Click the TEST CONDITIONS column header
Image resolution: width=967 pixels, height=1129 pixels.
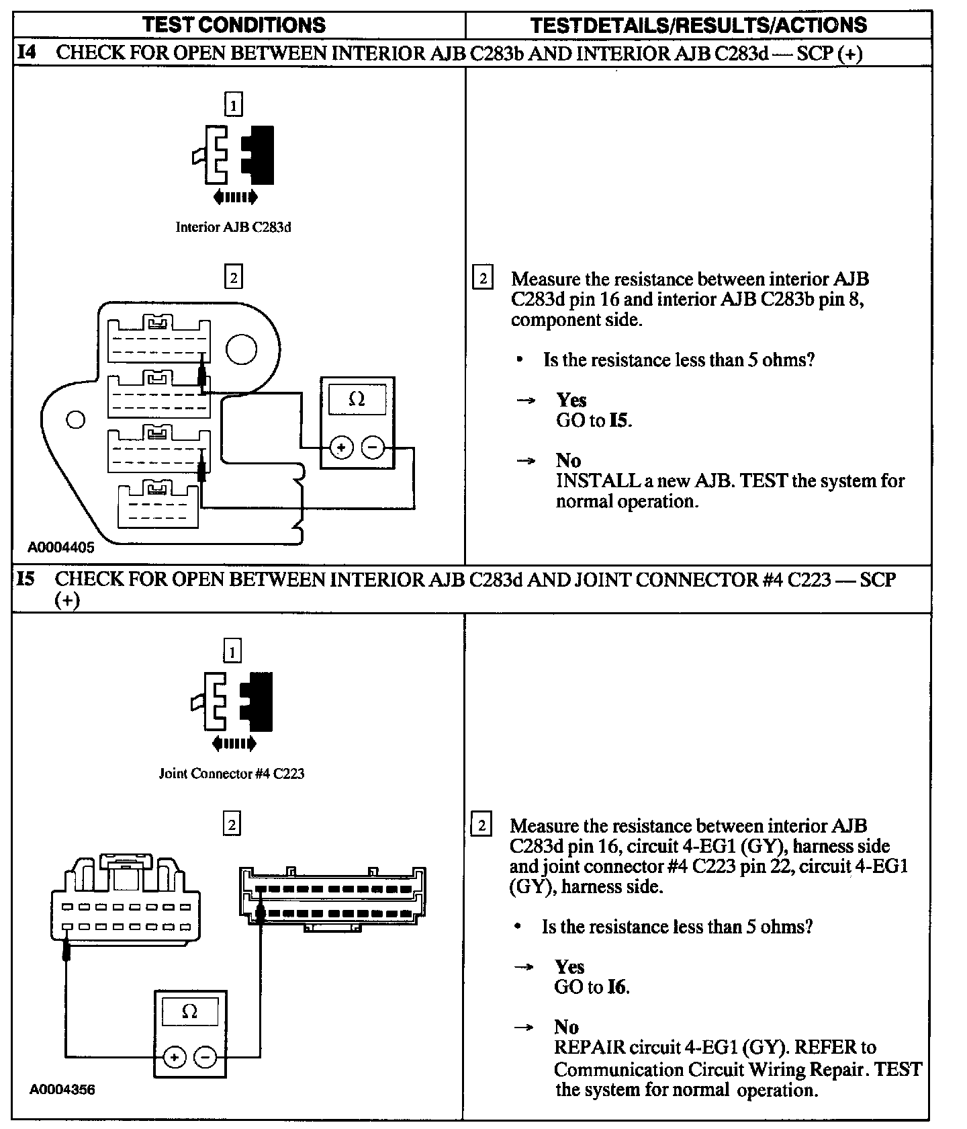[234, 25]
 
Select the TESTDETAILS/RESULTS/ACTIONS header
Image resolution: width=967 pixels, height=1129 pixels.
[698, 25]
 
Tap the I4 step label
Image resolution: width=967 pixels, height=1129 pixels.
[27, 52]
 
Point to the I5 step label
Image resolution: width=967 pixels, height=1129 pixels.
[26, 579]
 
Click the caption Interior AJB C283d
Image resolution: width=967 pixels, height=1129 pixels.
[233, 227]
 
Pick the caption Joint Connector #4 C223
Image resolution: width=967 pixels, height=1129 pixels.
[232, 773]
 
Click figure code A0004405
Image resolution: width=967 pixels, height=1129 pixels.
[61, 547]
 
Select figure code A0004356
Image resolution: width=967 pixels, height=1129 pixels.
[62, 1089]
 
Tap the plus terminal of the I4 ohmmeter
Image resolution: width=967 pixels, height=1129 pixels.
[341, 447]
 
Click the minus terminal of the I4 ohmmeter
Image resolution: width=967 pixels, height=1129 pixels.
[373, 447]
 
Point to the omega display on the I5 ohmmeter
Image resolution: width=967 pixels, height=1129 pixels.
[190, 1011]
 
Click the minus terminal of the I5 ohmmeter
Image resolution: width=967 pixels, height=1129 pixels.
[205, 1058]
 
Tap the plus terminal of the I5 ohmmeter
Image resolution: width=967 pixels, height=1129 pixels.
[175, 1058]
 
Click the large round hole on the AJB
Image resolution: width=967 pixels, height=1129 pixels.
[241, 349]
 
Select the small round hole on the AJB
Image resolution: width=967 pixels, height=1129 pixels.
[76, 419]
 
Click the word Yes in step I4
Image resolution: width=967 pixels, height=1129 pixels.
[571, 401]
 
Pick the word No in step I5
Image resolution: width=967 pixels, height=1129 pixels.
[566, 1027]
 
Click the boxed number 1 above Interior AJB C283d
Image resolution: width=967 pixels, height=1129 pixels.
[233, 105]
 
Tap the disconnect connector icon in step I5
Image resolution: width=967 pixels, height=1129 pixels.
[233, 702]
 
